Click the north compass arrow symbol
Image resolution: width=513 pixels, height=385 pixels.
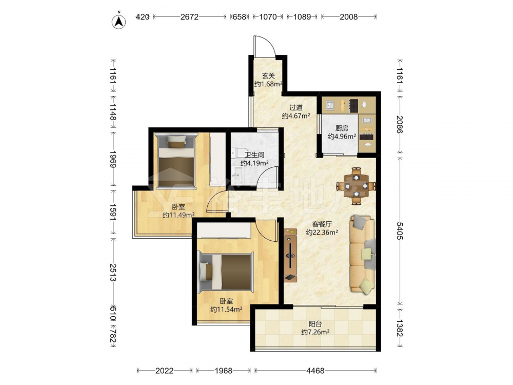pos(119,21)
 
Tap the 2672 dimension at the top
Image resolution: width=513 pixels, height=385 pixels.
pos(189,17)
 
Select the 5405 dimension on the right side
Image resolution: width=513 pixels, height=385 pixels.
pos(400,231)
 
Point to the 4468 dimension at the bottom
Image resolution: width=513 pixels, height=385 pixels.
pos(315,371)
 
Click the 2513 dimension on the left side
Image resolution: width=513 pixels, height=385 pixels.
pos(113,273)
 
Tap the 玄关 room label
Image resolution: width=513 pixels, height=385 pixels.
pos(268,76)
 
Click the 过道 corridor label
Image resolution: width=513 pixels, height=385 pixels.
pos(296,107)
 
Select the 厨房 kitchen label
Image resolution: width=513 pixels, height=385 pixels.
pos(342,128)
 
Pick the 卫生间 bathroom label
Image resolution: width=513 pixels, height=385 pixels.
pos(254,155)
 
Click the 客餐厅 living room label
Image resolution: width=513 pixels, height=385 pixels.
pos(322,224)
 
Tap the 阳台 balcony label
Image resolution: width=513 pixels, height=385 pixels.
pos(315,324)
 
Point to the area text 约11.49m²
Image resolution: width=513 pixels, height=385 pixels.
pos(179,215)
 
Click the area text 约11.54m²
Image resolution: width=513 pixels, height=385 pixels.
pos(226,309)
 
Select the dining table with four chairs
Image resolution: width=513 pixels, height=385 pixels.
pos(357,186)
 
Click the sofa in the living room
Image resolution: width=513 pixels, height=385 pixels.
pos(363,254)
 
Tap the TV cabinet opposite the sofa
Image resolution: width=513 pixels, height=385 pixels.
pos(290,255)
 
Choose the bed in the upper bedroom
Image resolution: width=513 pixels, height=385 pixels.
pos(176,161)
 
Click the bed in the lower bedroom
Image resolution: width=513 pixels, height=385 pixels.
pos(226,272)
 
